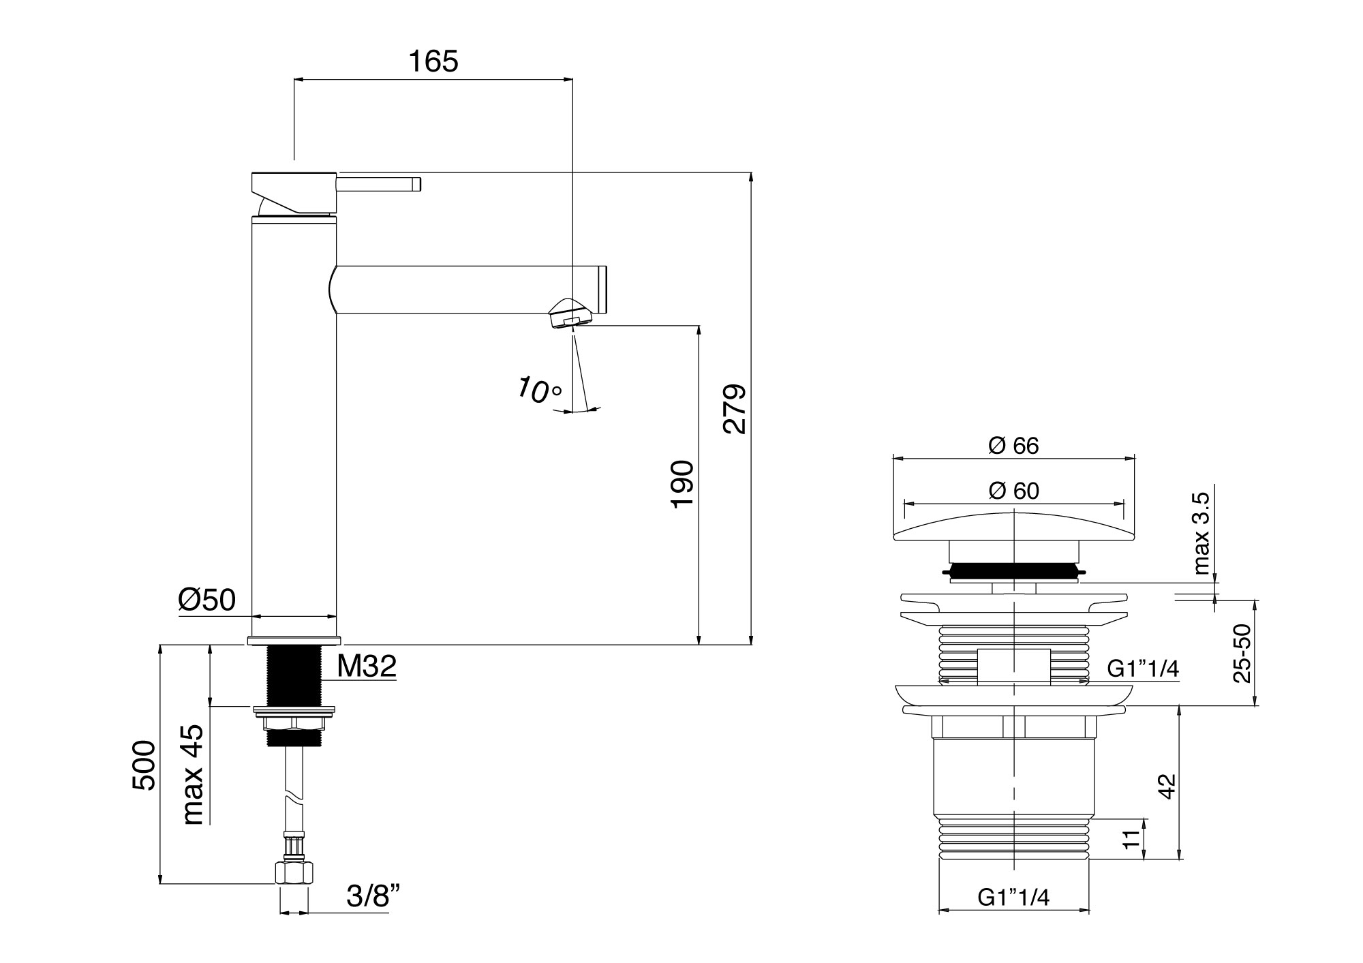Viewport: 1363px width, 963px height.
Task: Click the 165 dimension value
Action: pyautogui.click(x=433, y=61)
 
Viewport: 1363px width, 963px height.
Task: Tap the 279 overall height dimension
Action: pyautogui.click(x=735, y=410)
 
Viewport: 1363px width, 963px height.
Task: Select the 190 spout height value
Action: pyautogui.click(x=682, y=484)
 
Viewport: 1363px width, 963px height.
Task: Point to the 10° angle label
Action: pyautogui.click(x=538, y=389)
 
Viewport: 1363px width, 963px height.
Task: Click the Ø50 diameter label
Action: pyautogui.click(x=207, y=600)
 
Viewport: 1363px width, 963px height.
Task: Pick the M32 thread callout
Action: pyautogui.click(x=367, y=666)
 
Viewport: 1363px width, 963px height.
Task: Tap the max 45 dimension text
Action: pyautogui.click(x=194, y=774)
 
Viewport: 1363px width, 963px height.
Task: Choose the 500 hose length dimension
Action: pyautogui.click(x=144, y=765)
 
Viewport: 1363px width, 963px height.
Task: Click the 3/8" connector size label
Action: pyautogui.click(x=372, y=897)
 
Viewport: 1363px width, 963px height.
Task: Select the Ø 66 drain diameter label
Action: pyautogui.click(x=1013, y=445)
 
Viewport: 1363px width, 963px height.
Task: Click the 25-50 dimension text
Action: pyautogui.click(x=1242, y=653)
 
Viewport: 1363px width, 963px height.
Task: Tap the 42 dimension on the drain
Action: pyautogui.click(x=1167, y=785)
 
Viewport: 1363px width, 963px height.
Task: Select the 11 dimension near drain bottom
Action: pyautogui.click(x=1131, y=839)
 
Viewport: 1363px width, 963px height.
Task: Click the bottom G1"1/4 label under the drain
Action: pyautogui.click(x=1013, y=898)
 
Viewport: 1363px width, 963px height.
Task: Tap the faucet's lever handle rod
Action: pyautogui.click(x=379, y=184)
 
